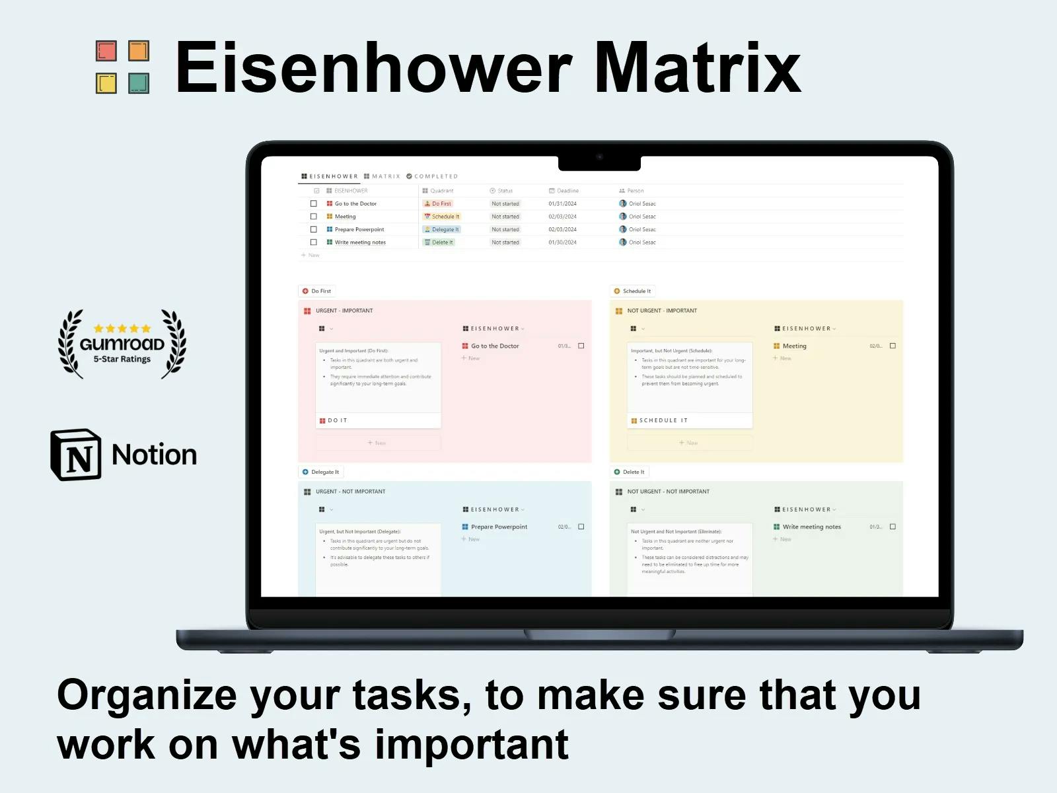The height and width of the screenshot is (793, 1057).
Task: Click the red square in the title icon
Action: tap(106, 51)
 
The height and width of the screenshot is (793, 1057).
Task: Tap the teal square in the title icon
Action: tap(138, 83)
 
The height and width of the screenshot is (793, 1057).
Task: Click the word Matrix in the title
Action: tap(697, 68)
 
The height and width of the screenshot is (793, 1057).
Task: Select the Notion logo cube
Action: tap(77, 455)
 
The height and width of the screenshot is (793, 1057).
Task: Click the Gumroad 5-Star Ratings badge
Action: tap(122, 344)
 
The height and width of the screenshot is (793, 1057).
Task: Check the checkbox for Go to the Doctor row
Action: tap(314, 204)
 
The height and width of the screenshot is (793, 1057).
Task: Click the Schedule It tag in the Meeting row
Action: tap(442, 217)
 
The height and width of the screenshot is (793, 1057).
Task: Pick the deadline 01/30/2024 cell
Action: tap(562, 243)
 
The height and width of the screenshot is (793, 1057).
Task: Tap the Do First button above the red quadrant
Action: tap(317, 291)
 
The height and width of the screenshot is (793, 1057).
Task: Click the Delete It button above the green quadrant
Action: tap(630, 472)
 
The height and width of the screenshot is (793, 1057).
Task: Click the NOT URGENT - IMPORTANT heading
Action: tap(661, 311)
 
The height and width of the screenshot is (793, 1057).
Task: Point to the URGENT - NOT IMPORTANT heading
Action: tap(350, 492)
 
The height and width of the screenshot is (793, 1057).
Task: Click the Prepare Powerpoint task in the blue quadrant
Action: tap(499, 527)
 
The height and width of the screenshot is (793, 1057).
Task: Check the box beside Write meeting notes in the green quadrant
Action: tap(893, 527)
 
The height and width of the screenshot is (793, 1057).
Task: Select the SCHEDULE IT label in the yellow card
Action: tap(663, 420)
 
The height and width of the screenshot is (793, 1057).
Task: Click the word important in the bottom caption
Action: tap(472, 745)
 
